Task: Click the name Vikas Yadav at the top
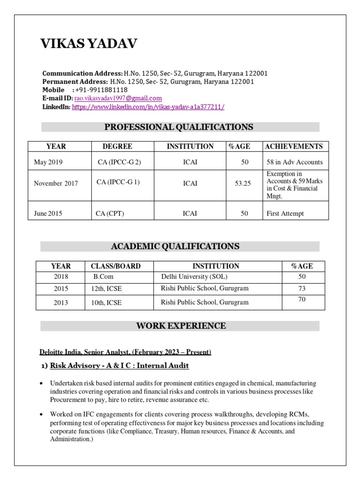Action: (x=89, y=44)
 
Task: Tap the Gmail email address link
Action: (x=118, y=98)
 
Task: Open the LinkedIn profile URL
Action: (x=148, y=107)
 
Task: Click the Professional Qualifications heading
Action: (x=179, y=127)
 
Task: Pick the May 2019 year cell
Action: (x=48, y=162)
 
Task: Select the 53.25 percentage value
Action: (x=243, y=183)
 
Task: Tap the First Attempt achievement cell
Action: (x=285, y=213)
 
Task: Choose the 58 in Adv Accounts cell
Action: (x=294, y=162)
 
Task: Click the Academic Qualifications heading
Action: (x=175, y=247)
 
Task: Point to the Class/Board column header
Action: (x=116, y=266)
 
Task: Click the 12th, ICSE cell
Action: (x=106, y=289)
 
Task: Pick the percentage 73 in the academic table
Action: (x=302, y=288)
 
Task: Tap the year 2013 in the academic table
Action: (x=60, y=303)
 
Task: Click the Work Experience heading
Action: (x=181, y=326)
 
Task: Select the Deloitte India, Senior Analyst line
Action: (x=125, y=352)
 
